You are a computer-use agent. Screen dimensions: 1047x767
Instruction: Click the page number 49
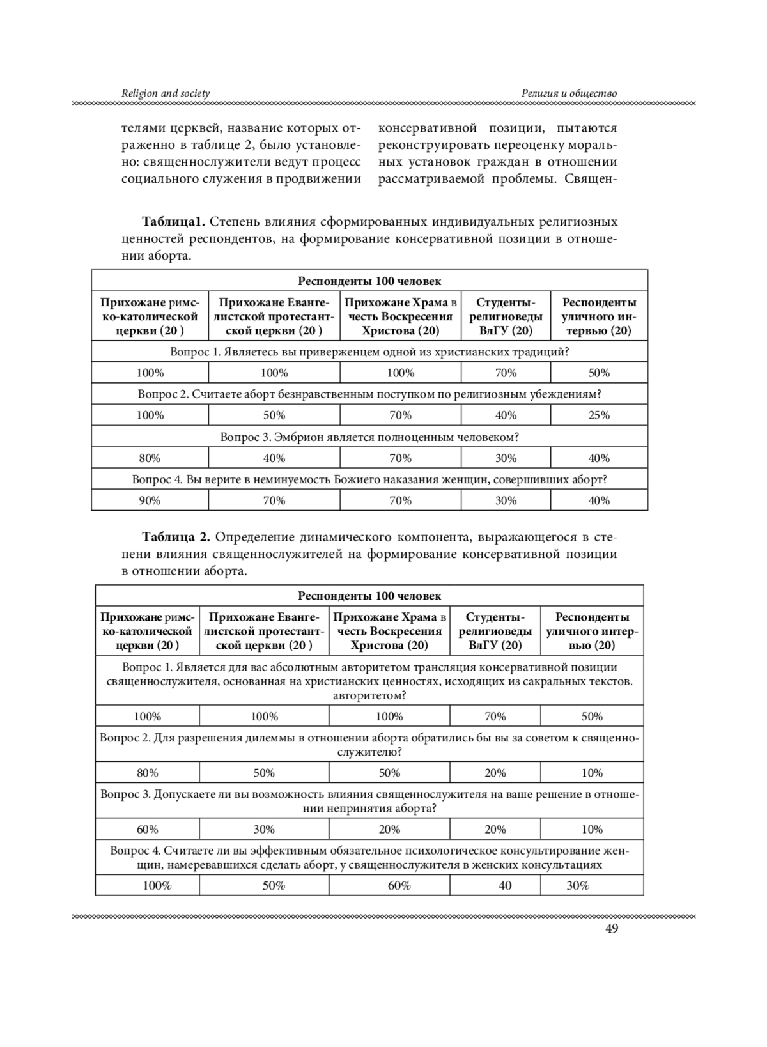click(611, 929)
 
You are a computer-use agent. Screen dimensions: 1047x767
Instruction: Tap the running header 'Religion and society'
click(166, 93)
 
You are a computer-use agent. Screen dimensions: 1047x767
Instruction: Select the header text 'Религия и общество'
click(569, 93)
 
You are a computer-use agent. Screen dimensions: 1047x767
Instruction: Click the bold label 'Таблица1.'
click(173, 222)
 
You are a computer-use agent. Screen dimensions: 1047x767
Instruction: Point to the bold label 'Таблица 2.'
click(176, 536)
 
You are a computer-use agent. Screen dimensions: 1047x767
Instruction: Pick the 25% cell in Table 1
click(599, 415)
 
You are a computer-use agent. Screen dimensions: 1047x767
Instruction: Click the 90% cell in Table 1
click(150, 500)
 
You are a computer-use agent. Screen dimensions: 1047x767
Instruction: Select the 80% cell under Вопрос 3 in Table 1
click(150, 458)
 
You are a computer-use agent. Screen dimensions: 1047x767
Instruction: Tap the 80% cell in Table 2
click(147, 773)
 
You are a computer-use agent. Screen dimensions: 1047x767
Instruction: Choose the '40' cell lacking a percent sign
click(505, 886)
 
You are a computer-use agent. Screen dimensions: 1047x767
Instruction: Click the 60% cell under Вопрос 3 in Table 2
click(147, 830)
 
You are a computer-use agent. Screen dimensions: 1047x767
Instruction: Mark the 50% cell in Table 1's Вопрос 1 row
click(599, 373)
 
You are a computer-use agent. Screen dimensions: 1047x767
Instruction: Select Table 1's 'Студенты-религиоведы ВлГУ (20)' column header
click(505, 316)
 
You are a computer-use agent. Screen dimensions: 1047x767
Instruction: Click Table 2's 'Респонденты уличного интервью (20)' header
click(592, 631)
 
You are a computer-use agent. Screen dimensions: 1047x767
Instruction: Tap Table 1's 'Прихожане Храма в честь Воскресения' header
click(400, 316)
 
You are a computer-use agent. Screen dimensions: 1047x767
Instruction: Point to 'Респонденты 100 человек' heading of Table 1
click(369, 281)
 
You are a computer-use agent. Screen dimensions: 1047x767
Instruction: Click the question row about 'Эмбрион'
click(369, 437)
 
